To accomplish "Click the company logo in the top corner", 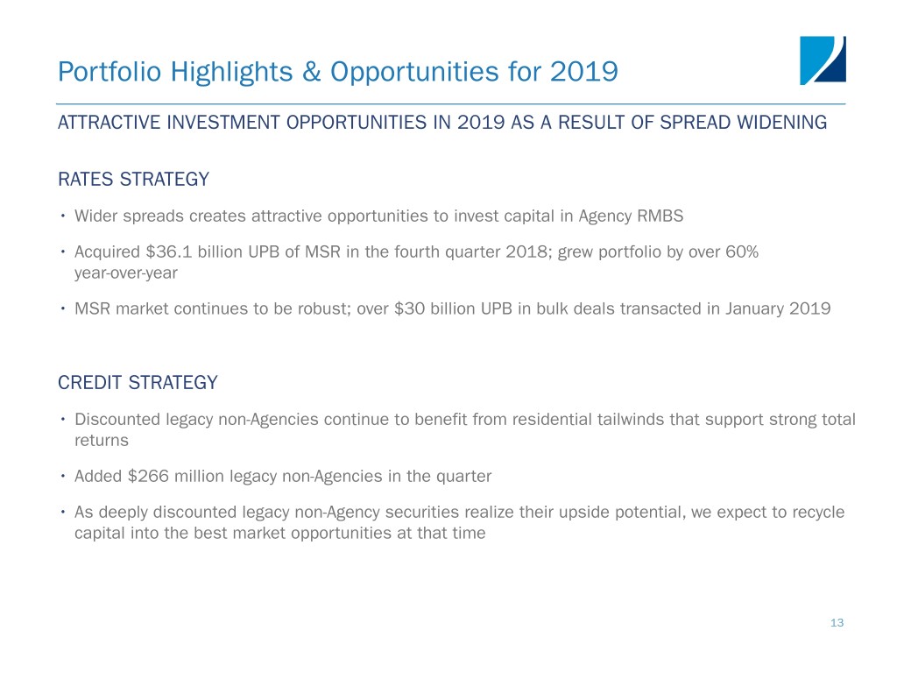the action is pyautogui.click(x=823, y=60).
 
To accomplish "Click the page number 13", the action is pyautogui.click(x=837, y=623).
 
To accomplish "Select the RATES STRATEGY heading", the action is pyautogui.click(x=134, y=179).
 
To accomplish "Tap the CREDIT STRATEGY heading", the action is pyautogui.click(x=138, y=382).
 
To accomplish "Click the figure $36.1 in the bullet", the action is pyautogui.click(x=169, y=251).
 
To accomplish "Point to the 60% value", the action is pyautogui.click(x=742, y=251).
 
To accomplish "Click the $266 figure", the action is pyautogui.click(x=148, y=476).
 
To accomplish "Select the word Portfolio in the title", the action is pyautogui.click(x=109, y=72).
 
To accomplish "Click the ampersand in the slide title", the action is pyautogui.click(x=311, y=72).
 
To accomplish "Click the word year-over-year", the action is pyautogui.click(x=126, y=273).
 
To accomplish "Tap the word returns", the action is pyautogui.click(x=102, y=441).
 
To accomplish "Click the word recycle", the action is pyautogui.click(x=818, y=512).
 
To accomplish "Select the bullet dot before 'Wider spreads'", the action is pyautogui.click(x=63, y=216).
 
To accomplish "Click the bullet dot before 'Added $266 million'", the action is pyautogui.click(x=63, y=476).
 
